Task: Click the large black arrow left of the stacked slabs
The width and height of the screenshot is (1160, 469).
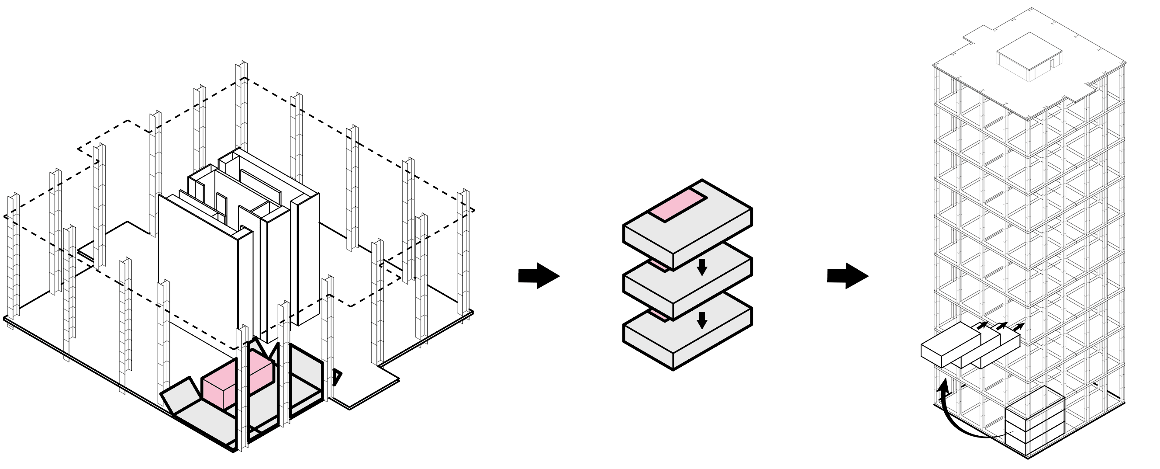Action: pyautogui.click(x=539, y=275)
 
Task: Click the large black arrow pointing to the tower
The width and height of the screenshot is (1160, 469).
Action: pyautogui.click(x=847, y=275)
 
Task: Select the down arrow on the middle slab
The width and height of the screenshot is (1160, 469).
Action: pyautogui.click(x=701, y=267)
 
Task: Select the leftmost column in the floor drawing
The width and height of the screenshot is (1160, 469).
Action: pyautogui.click(x=14, y=257)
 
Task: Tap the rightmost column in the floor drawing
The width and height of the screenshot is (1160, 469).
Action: pyautogui.click(x=463, y=252)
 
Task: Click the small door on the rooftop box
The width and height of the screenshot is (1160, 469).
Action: pyautogui.click(x=1053, y=64)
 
